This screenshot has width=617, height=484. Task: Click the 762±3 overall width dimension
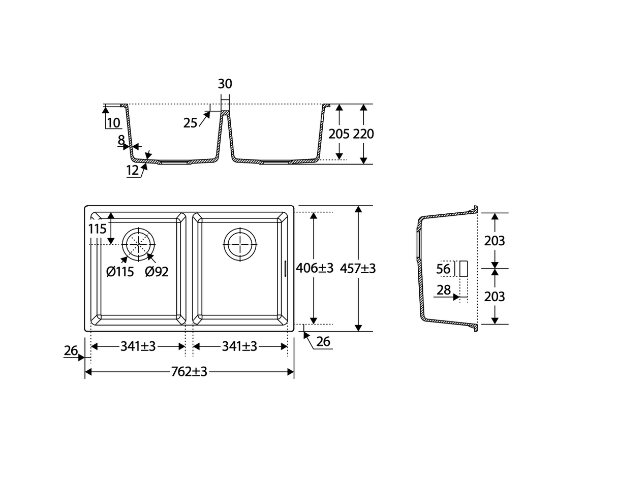point(189,371)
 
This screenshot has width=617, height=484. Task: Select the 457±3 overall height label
point(358,268)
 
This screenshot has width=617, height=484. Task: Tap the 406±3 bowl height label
point(314,268)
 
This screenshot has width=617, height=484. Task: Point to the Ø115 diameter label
point(120,272)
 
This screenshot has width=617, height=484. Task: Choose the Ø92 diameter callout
point(157,272)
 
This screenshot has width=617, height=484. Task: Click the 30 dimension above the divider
point(225,84)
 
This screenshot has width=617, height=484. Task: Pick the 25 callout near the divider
point(190,123)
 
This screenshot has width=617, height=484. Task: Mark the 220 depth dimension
point(363,134)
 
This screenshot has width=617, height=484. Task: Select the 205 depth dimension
point(338,134)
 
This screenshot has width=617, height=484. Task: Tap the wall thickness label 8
point(121,140)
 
